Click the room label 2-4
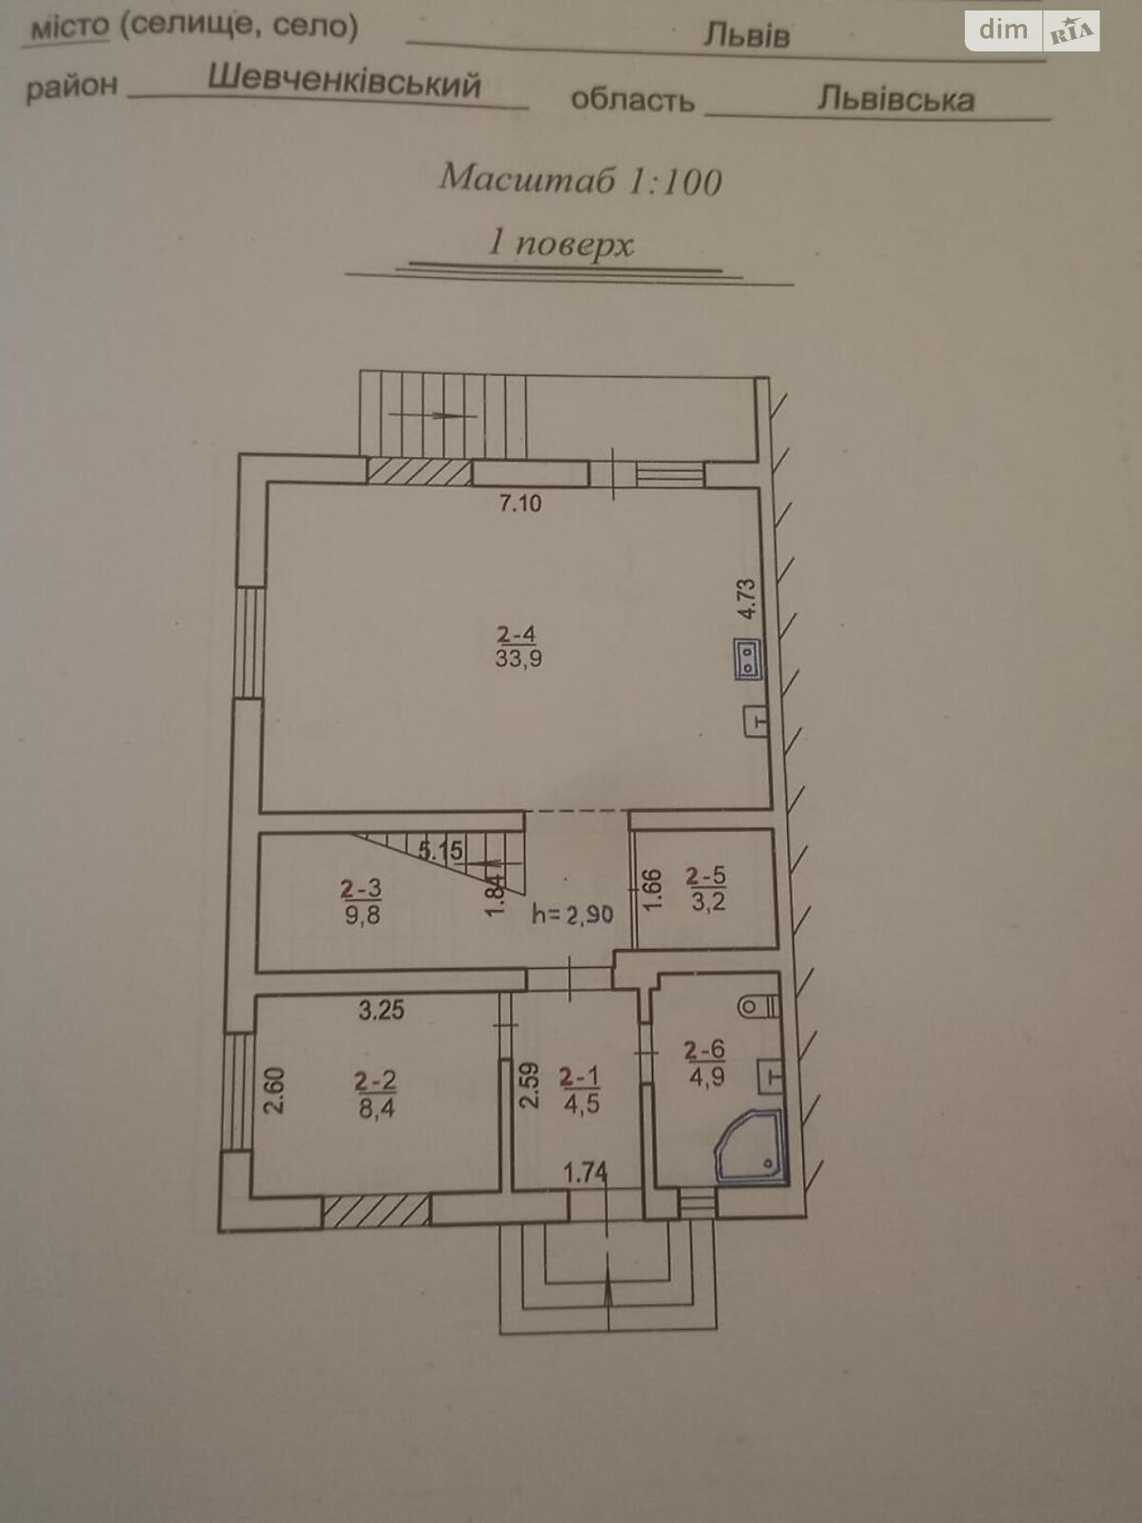coord(518,634)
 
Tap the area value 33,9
coord(519,658)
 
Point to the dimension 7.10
coord(521,504)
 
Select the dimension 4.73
coord(747,600)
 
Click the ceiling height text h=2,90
coord(573,915)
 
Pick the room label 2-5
coord(705,876)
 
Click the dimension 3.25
coord(382,1010)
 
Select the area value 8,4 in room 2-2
coord(377,1108)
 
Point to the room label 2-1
coord(580,1078)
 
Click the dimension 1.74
coord(585,1173)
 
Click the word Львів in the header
coord(746,36)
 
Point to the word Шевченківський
coord(344,82)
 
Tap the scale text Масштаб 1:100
coord(581,180)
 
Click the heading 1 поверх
coord(560,245)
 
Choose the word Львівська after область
coord(896,99)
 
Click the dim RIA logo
coord(1033,31)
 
